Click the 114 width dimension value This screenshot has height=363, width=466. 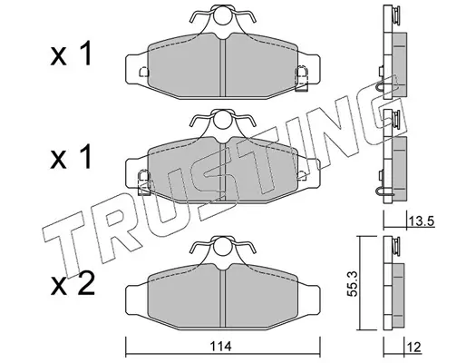pos(222,347)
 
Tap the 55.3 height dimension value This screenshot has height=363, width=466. pos(352,283)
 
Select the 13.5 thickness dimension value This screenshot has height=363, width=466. pos(421,221)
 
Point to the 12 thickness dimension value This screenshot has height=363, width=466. pos(413,348)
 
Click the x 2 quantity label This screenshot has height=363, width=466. pos(73,285)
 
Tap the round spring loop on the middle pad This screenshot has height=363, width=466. pos(223,120)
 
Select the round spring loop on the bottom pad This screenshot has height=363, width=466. pos(223,247)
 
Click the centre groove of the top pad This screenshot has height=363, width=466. pos(223,68)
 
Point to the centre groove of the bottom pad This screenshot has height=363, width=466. pos(223,299)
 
